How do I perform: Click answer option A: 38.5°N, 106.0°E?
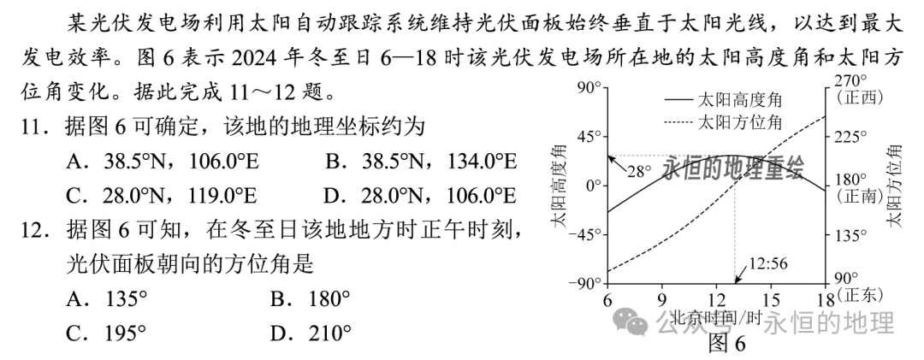point(162,161)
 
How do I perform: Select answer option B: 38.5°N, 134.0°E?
point(421,161)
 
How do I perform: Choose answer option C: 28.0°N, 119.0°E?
point(162,195)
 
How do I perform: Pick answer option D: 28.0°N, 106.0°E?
point(421,195)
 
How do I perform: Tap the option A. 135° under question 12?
point(106,299)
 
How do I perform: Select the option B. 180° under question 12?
point(310,299)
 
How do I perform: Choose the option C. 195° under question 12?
point(106,334)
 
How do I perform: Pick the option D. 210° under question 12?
point(310,334)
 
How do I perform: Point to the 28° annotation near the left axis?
point(640,172)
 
